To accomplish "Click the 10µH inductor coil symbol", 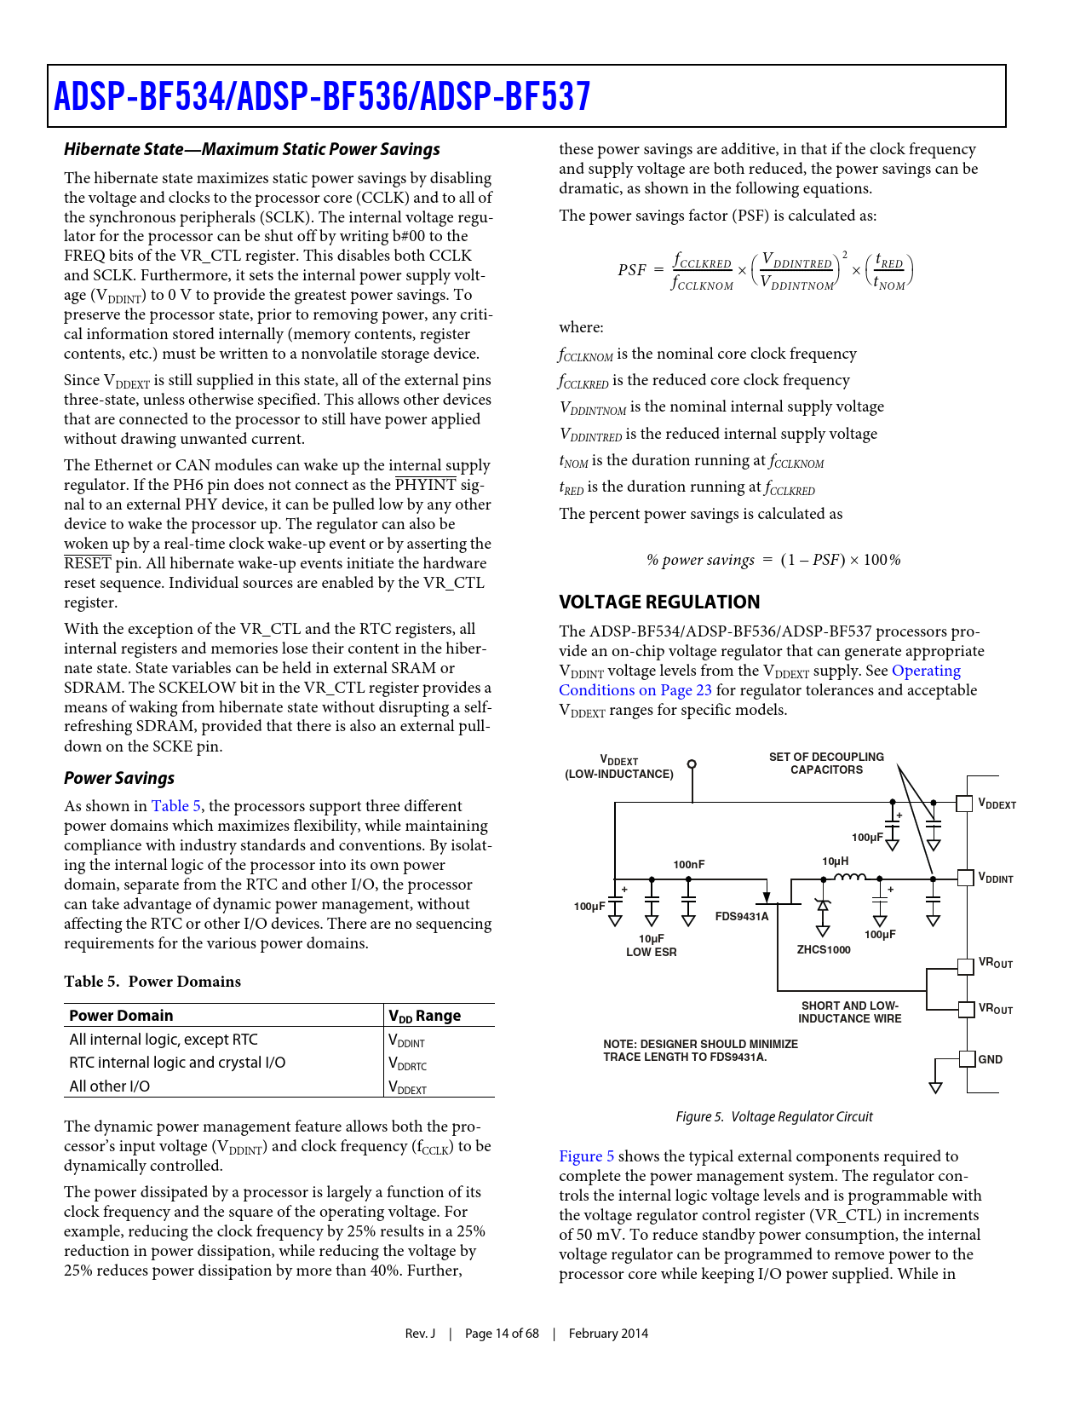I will (849, 877).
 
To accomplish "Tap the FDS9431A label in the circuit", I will (741, 916).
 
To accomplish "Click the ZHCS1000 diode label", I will (823, 949).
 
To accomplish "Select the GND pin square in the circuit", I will (966, 1058).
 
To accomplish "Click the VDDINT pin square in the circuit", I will (964, 878).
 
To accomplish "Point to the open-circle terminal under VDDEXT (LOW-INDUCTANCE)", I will (692, 764).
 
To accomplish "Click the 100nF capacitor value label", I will (688, 864).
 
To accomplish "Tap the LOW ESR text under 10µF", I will (651, 952).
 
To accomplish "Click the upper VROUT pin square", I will (965, 966).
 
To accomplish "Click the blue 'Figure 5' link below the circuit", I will (586, 1156).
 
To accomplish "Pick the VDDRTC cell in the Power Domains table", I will (407, 1063).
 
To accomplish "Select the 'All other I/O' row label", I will (109, 1086).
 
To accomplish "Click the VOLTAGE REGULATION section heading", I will (658, 602).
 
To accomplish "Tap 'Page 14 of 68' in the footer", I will (501, 1334).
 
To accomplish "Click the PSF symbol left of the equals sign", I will (631, 270).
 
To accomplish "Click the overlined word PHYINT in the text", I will (426, 485).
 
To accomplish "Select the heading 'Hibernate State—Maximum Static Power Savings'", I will (251, 149).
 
